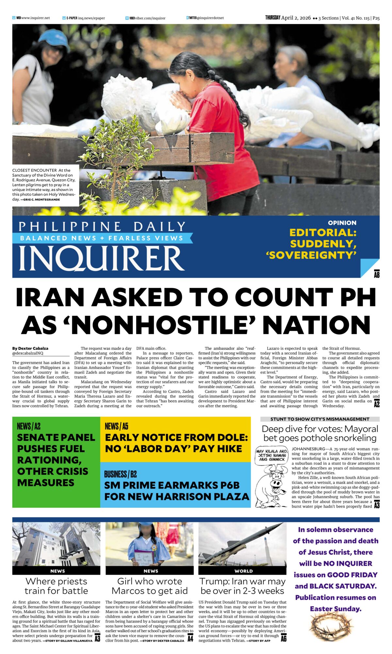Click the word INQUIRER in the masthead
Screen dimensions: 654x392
101,258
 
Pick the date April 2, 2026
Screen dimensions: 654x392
296,18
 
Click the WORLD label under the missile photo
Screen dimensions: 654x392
243,571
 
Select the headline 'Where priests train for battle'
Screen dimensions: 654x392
56,586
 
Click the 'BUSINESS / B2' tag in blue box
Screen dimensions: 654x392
120,474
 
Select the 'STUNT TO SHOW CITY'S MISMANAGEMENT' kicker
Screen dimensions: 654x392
320,419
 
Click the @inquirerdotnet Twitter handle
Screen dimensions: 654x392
210,18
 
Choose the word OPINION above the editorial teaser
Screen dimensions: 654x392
342,223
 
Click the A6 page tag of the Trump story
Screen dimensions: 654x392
284,637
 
